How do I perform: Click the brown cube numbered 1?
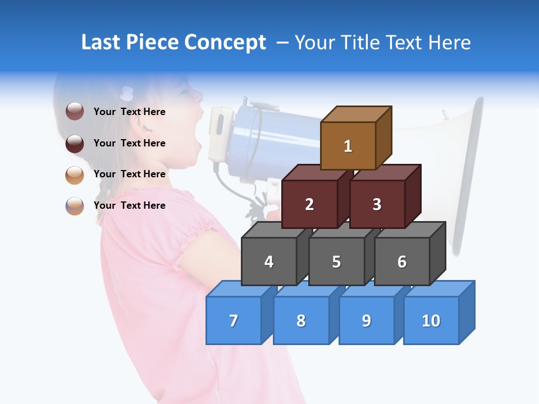348,146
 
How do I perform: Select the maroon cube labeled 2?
309,204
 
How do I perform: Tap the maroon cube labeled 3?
377,204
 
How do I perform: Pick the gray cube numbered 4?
269,261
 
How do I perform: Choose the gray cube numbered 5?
336,261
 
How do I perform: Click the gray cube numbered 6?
402,261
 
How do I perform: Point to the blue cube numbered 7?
234,320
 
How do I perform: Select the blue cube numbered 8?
301,320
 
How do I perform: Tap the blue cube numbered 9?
367,320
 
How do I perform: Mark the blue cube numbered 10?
431,320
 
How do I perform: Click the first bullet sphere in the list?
75,112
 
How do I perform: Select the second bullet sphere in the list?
75,143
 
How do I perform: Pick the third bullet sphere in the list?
75,175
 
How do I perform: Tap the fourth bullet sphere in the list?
75,205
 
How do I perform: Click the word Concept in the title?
225,43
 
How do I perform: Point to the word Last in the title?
101,43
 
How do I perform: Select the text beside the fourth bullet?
130,205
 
